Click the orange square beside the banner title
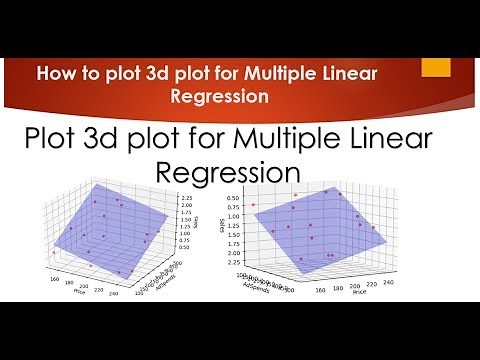[436, 66]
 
